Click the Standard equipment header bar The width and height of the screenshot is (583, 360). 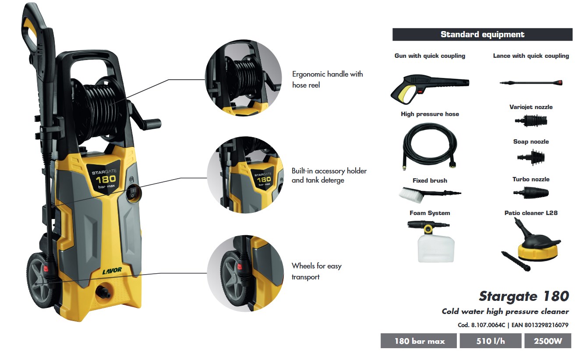[x=482, y=35]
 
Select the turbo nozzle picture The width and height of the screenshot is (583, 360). [x=530, y=192]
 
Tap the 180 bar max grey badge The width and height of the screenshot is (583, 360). [x=419, y=341]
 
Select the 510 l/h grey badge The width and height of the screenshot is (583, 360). [x=490, y=341]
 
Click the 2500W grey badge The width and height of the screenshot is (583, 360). [x=548, y=341]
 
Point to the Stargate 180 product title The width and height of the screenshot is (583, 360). [x=523, y=296]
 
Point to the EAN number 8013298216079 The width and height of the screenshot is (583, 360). [x=540, y=325]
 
